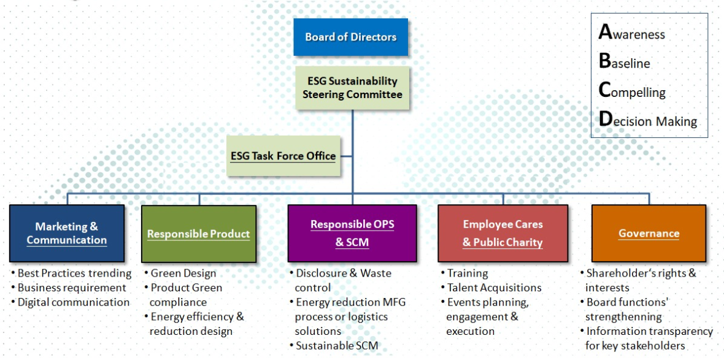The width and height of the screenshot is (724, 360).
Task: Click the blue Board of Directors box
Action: (x=350, y=37)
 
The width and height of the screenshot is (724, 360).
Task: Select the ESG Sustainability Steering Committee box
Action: (x=352, y=88)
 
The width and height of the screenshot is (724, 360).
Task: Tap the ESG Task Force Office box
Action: (x=283, y=156)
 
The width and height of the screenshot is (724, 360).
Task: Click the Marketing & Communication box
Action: (x=66, y=234)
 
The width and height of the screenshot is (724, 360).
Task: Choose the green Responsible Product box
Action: (x=198, y=234)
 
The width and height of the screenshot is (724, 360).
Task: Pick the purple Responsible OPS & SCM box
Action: (x=352, y=233)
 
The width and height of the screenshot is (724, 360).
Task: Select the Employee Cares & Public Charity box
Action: (x=503, y=233)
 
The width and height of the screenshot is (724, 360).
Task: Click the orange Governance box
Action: (x=649, y=233)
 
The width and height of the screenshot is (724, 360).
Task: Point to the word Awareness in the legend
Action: (x=632, y=34)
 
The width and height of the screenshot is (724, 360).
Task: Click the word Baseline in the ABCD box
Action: (x=625, y=63)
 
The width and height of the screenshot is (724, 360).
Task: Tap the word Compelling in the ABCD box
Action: (x=632, y=92)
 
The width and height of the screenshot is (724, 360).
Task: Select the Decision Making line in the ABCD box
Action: (x=648, y=121)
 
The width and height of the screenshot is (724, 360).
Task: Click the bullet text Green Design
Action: (x=183, y=274)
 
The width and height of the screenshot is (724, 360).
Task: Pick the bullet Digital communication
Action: (x=73, y=302)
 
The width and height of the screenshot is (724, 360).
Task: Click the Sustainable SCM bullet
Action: (x=337, y=346)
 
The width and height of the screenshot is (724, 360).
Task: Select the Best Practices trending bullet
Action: (x=74, y=274)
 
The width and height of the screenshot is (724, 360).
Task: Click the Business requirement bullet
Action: (x=72, y=288)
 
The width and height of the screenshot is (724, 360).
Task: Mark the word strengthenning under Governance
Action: (x=623, y=317)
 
